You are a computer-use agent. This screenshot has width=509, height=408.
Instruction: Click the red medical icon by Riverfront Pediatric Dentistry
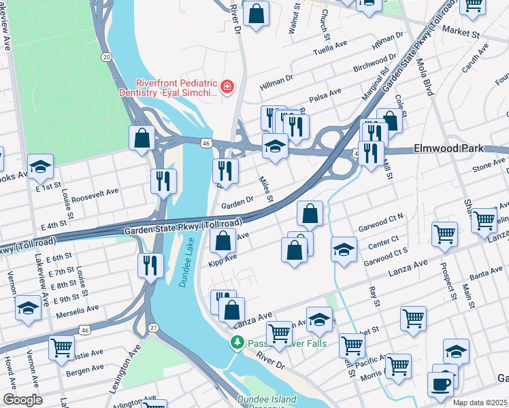tap(227, 86)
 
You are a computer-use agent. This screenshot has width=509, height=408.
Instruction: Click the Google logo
tap(22, 400)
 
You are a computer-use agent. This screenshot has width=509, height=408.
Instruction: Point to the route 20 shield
tap(107, 57)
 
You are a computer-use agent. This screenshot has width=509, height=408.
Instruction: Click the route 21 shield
tap(153, 328)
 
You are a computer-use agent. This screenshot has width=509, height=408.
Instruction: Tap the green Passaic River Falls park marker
tap(237, 343)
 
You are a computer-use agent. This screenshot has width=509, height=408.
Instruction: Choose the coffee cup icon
tap(440, 384)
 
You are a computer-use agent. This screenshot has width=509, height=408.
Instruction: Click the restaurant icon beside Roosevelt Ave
tap(163, 181)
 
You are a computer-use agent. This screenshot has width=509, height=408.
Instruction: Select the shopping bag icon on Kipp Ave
tap(223, 240)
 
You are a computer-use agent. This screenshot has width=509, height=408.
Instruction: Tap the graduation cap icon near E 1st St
tap(40, 166)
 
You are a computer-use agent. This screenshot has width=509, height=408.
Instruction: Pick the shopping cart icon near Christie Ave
tap(61, 348)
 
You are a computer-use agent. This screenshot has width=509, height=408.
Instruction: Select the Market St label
tap(461, 31)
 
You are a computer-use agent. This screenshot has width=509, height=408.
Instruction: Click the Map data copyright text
tap(479, 403)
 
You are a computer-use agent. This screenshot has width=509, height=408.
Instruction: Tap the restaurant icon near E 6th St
tap(150, 265)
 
